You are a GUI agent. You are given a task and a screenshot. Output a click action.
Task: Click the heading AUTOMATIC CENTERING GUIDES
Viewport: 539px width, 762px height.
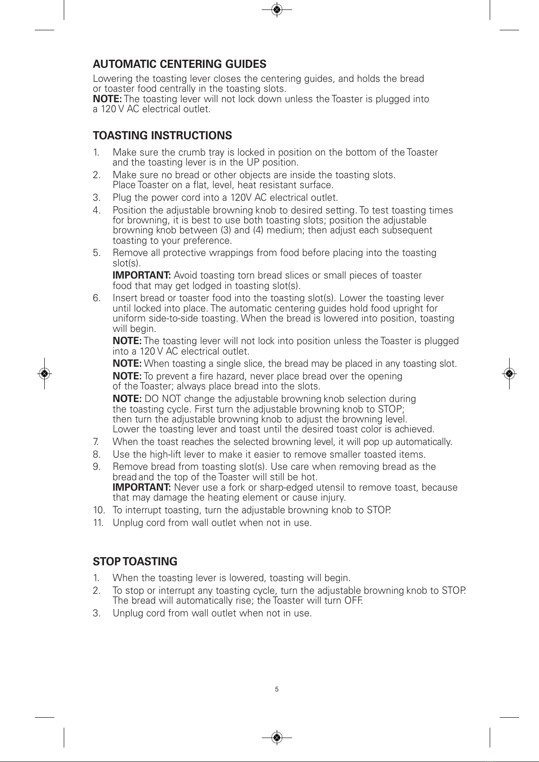pyautogui.click(x=180, y=64)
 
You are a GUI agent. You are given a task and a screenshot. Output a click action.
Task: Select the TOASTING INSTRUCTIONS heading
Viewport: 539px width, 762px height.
pyautogui.click(x=162, y=136)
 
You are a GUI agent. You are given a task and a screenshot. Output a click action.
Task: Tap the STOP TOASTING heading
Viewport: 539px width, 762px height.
pyautogui.click(x=135, y=562)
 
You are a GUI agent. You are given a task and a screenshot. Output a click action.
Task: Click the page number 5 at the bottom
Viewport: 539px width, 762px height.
pyautogui.click(x=277, y=689)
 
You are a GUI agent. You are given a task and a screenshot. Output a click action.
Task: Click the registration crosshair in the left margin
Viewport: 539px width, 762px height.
pyautogui.click(x=44, y=374)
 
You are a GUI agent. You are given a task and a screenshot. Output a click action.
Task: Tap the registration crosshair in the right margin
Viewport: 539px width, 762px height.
pyautogui.click(x=509, y=374)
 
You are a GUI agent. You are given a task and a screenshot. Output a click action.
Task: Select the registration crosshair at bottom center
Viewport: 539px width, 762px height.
pyautogui.click(x=278, y=738)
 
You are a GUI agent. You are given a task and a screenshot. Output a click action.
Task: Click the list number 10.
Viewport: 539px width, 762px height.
pyautogui.click(x=99, y=510)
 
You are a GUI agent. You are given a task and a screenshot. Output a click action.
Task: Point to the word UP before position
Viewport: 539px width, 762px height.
pyautogui.click(x=253, y=162)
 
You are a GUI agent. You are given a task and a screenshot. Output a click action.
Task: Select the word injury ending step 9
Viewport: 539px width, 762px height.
pyautogui.click(x=333, y=498)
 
